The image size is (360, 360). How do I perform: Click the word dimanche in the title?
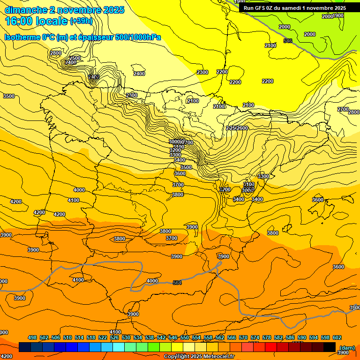point(26,10)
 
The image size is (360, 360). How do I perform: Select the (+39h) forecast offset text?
point(81,21)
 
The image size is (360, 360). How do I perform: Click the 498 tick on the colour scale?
point(32,337)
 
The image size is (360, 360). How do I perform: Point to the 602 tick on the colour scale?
point(337,337)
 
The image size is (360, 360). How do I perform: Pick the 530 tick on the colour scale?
point(126,337)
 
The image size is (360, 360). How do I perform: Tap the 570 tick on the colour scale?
point(243,337)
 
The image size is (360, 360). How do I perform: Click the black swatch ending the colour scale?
point(330,347)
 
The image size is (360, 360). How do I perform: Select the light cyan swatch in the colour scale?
point(119,347)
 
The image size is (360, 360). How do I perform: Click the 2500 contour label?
point(75,58)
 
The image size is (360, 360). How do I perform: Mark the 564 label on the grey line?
point(177,282)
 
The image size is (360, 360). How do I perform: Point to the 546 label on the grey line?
point(288,41)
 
